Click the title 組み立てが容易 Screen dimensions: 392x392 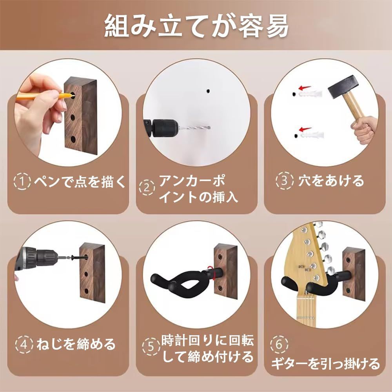pyautogui.click(x=196, y=26)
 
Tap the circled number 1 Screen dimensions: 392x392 pyautogui.click(x=22, y=181)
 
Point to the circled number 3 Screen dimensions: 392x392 pyautogui.click(x=285, y=180)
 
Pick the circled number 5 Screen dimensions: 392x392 pyautogui.click(x=151, y=347)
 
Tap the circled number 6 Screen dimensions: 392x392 pyautogui.click(x=279, y=344)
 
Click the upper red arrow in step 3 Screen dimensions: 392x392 pyautogui.click(x=305, y=88)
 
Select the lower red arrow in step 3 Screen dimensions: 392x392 pyautogui.click(x=305, y=129)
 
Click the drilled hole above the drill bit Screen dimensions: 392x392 pyautogui.click(x=208, y=91)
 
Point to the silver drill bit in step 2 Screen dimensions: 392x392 pyautogui.click(x=194, y=127)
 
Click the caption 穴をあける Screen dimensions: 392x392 pyautogui.click(x=331, y=180)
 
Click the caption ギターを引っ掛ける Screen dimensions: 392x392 pyautogui.click(x=325, y=364)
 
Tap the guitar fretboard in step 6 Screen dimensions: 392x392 pyautogui.click(x=305, y=310)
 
